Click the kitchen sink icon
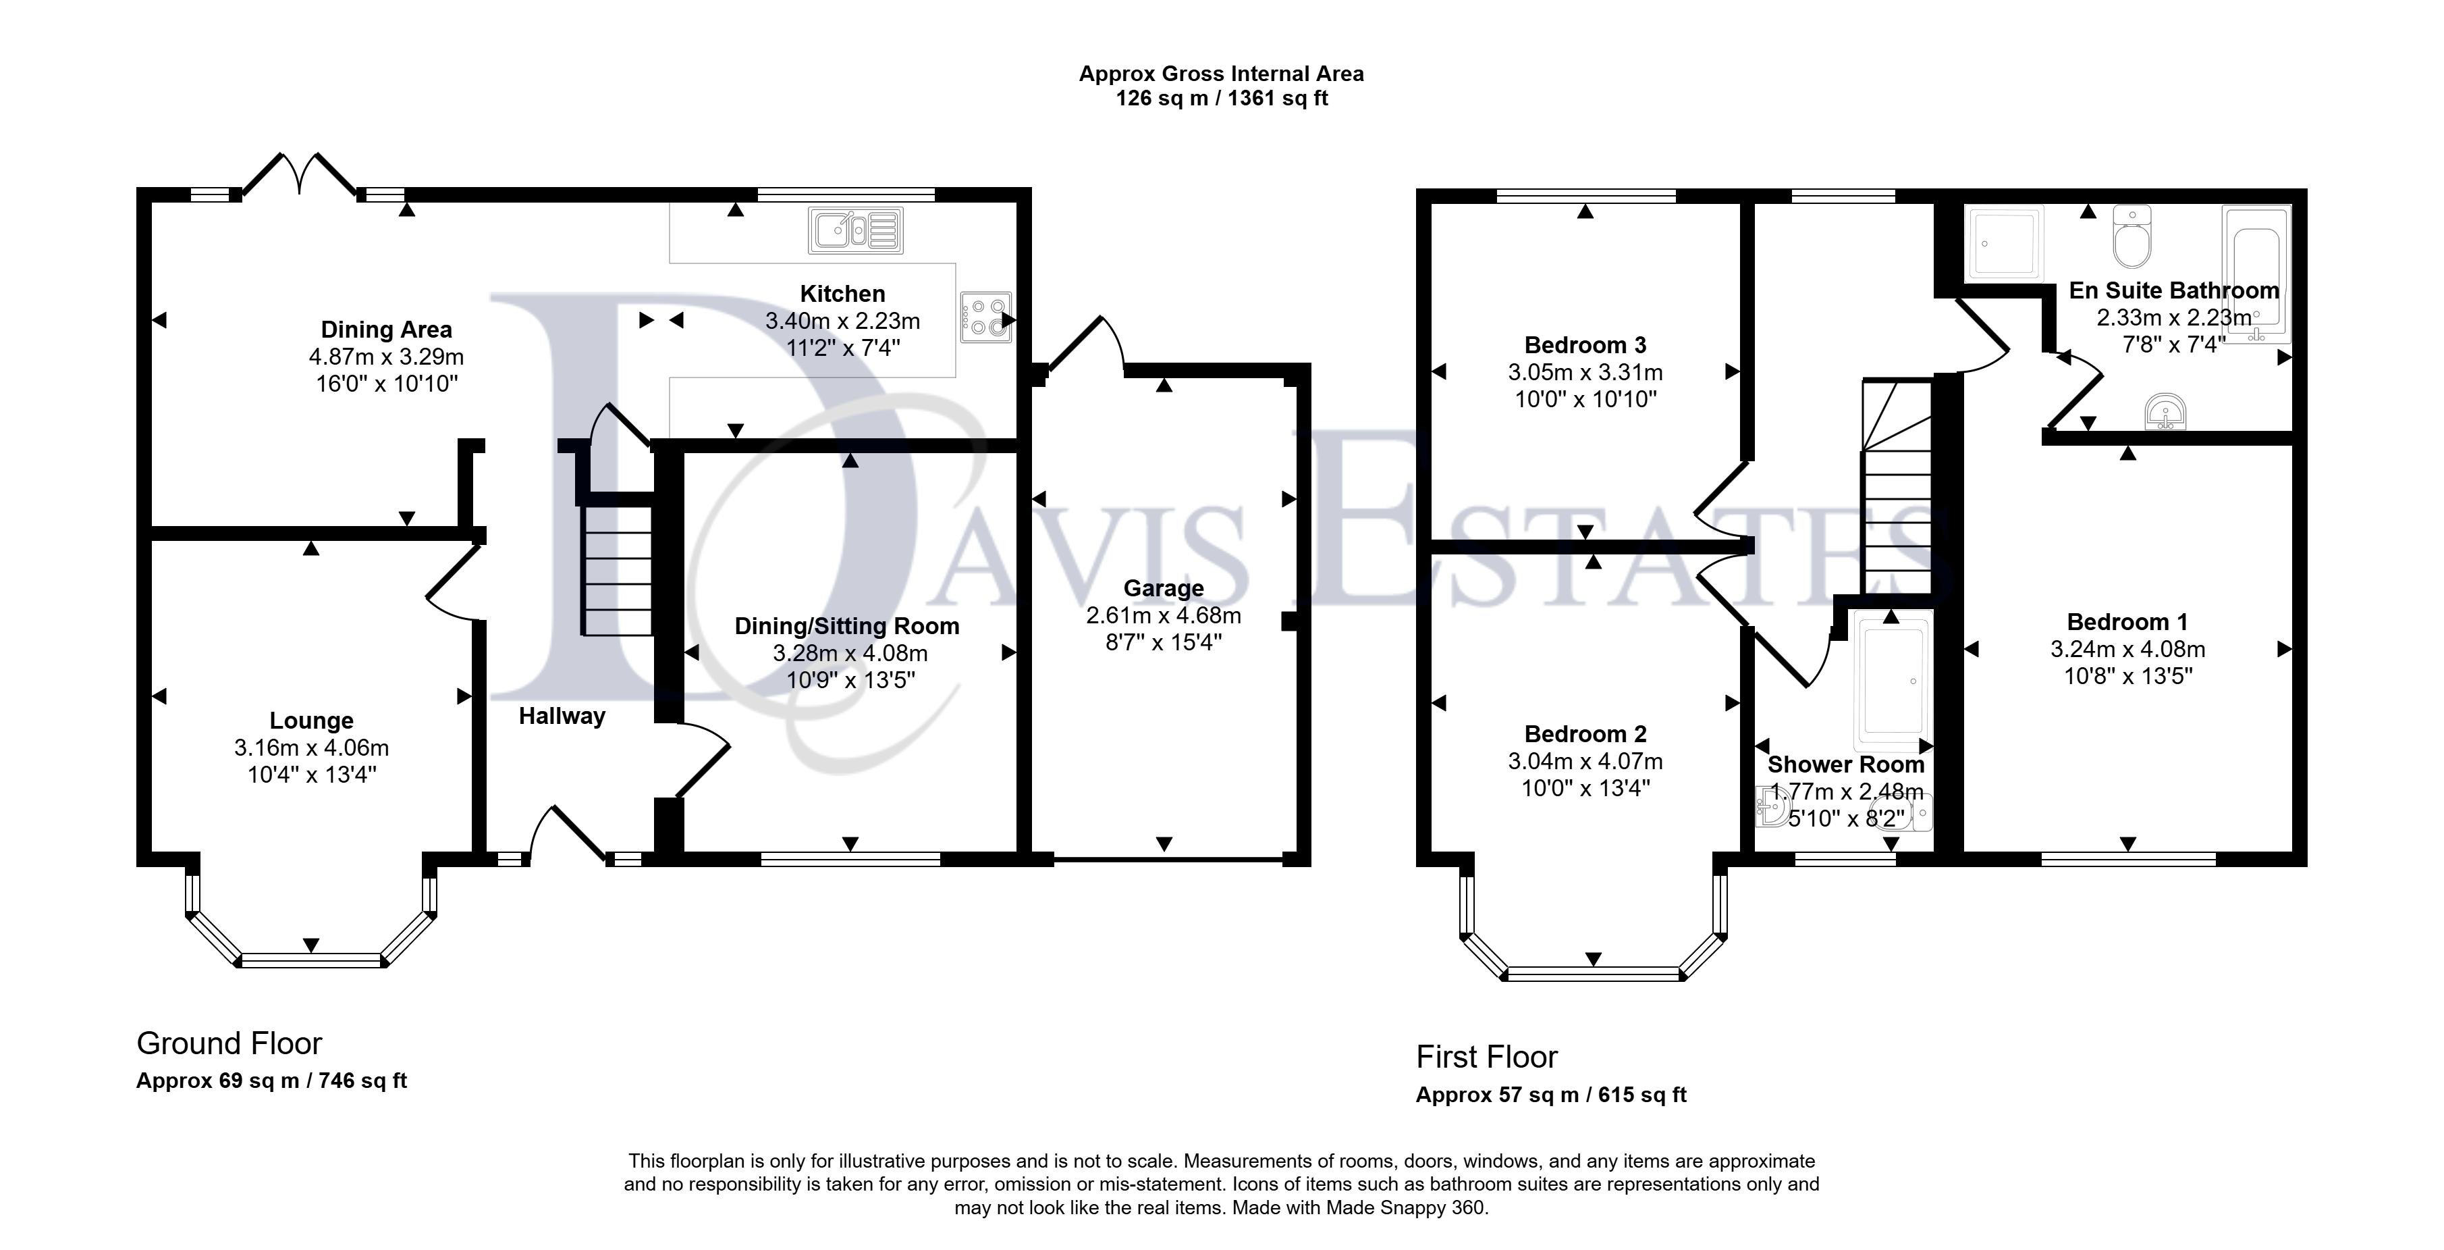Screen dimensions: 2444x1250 pyautogui.click(x=856, y=230)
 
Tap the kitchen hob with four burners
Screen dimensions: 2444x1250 pyautogui.click(x=985, y=317)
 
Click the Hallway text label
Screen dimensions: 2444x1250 pyautogui.click(x=562, y=716)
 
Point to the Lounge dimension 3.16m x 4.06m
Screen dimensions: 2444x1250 pyautogui.click(x=311, y=748)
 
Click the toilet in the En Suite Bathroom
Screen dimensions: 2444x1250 pyautogui.click(x=2132, y=236)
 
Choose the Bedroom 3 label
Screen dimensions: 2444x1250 pyautogui.click(x=1585, y=346)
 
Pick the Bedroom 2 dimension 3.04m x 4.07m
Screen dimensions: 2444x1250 pyautogui.click(x=1585, y=761)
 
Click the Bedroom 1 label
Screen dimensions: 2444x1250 pyautogui.click(x=2127, y=623)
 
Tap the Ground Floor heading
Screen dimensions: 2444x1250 pyautogui.click(x=229, y=1043)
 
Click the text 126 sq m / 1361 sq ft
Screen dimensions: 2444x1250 pyautogui.click(x=1221, y=99)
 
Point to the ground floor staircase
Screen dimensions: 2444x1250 pyautogui.click(x=617, y=569)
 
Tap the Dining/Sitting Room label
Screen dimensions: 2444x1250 pyautogui.click(x=847, y=627)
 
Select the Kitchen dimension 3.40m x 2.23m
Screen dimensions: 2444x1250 pyautogui.click(x=842, y=321)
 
